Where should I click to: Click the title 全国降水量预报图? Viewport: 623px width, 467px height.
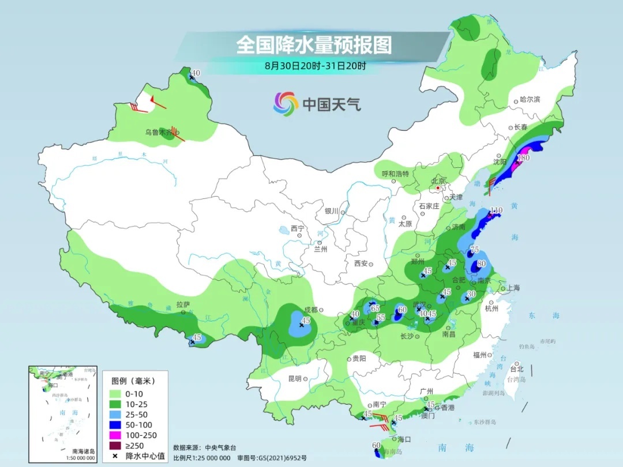tap(314, 44)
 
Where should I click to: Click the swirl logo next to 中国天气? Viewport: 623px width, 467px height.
tap(286, 104)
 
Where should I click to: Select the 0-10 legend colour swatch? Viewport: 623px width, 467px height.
tap(119, 394)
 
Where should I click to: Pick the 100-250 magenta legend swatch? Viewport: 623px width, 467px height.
tap(119, 435)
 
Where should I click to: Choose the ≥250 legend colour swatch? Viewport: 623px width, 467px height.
tap(119, 446)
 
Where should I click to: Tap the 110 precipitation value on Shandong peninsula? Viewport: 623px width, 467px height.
tap(496, 210)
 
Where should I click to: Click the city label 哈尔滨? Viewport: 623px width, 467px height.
tap(530, 100)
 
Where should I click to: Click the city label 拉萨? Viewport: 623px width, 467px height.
tap(183, 304)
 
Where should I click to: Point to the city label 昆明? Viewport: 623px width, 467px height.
tap(294, 378)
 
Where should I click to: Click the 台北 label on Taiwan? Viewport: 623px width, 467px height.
tap(517, 369)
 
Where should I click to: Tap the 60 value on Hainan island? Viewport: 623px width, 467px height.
tap(376, 445)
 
